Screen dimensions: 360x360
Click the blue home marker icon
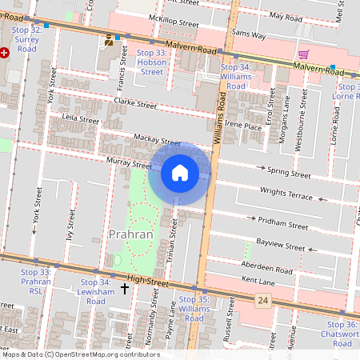pos(180,173)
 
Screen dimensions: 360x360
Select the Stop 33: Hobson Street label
pos(151,62)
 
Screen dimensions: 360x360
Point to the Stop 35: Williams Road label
pos(194,308)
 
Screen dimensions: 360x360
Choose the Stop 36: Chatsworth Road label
pos(342,334)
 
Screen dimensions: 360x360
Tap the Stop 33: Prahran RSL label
pos(35,282)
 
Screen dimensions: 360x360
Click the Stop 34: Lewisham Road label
pos(94,291)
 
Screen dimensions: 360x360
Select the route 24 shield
pos(262,300)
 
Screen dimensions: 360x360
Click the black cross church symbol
pos(125,287)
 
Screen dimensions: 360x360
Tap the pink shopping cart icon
pos(303,54)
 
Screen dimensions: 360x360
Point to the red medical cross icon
pos(5,53)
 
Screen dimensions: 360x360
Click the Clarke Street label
pos(135,103)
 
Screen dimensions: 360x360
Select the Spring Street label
pos(288,172)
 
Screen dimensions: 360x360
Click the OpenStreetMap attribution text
pos(80,354)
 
